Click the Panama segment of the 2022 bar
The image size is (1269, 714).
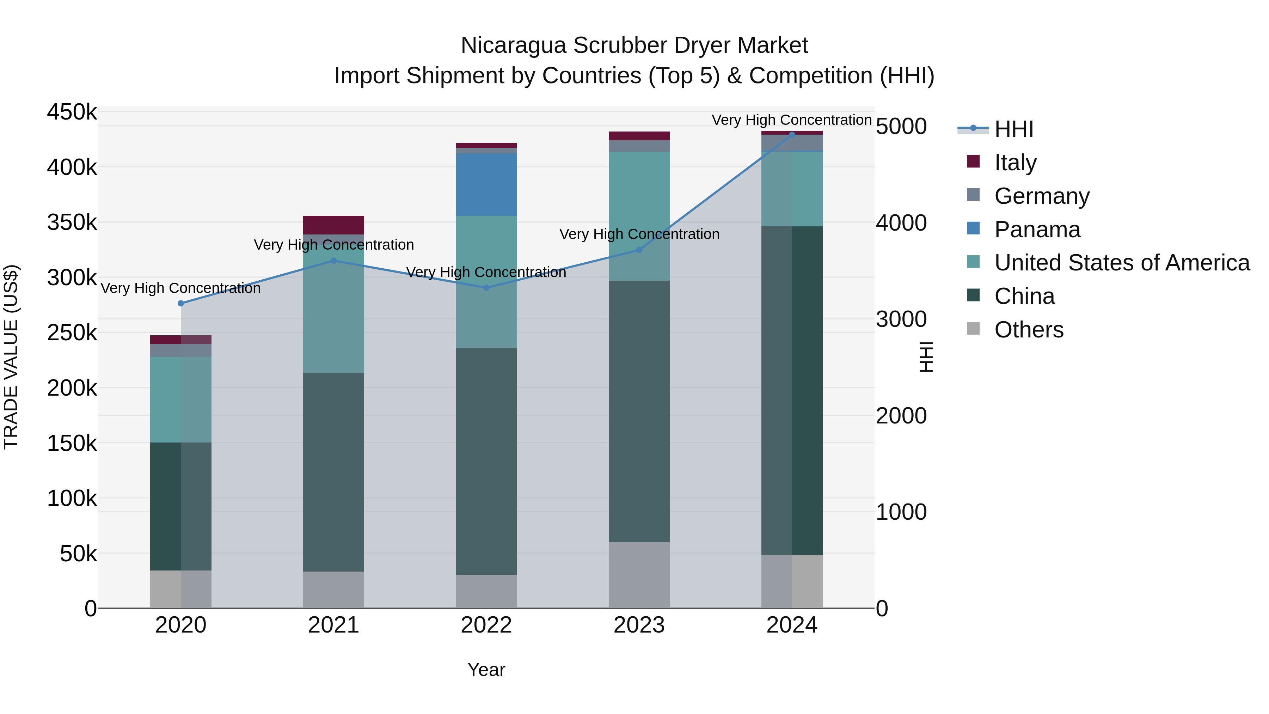[486, 184]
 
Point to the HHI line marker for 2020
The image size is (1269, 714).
[181, 304]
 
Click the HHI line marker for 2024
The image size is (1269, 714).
[792, 135]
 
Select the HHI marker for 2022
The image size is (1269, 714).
[486, 288]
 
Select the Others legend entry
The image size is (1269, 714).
[1028, 330]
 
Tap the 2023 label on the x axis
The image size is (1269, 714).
[639, 625]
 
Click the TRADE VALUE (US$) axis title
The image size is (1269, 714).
[11, 357]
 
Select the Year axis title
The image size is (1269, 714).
[486, 670]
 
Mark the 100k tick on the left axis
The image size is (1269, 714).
[72, 498]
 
